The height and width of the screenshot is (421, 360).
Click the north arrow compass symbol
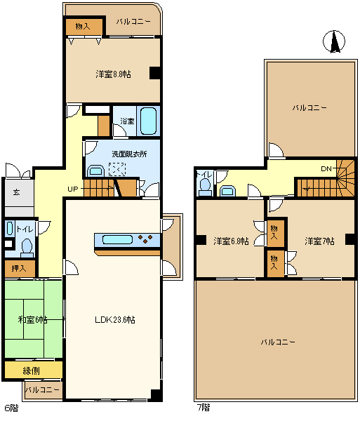point(335,43)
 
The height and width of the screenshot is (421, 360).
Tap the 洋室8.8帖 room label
point(114,73)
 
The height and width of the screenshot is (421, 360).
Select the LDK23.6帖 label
point(115,319)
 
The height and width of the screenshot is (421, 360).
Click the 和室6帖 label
point(32,319)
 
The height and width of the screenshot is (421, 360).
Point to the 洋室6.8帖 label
point(232,241)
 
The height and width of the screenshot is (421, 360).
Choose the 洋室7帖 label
point(319,241)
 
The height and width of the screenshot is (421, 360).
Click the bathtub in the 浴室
point(147,121)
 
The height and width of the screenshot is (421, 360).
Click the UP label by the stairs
point(74,189)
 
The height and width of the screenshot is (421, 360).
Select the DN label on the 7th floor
point(326,169)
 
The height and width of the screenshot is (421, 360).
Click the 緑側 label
point(32,370)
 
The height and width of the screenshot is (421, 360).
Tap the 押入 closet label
point(19,268)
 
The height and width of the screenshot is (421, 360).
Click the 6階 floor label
point(12,408)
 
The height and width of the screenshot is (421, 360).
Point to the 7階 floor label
point(203,408)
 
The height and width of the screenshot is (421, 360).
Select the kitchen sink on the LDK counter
point(116,240)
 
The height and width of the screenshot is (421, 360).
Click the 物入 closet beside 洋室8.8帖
point(82,26)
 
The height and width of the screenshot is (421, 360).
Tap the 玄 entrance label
point(15,191)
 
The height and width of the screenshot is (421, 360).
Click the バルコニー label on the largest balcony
point(277,342)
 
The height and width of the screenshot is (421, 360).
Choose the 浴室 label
point(126,121)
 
